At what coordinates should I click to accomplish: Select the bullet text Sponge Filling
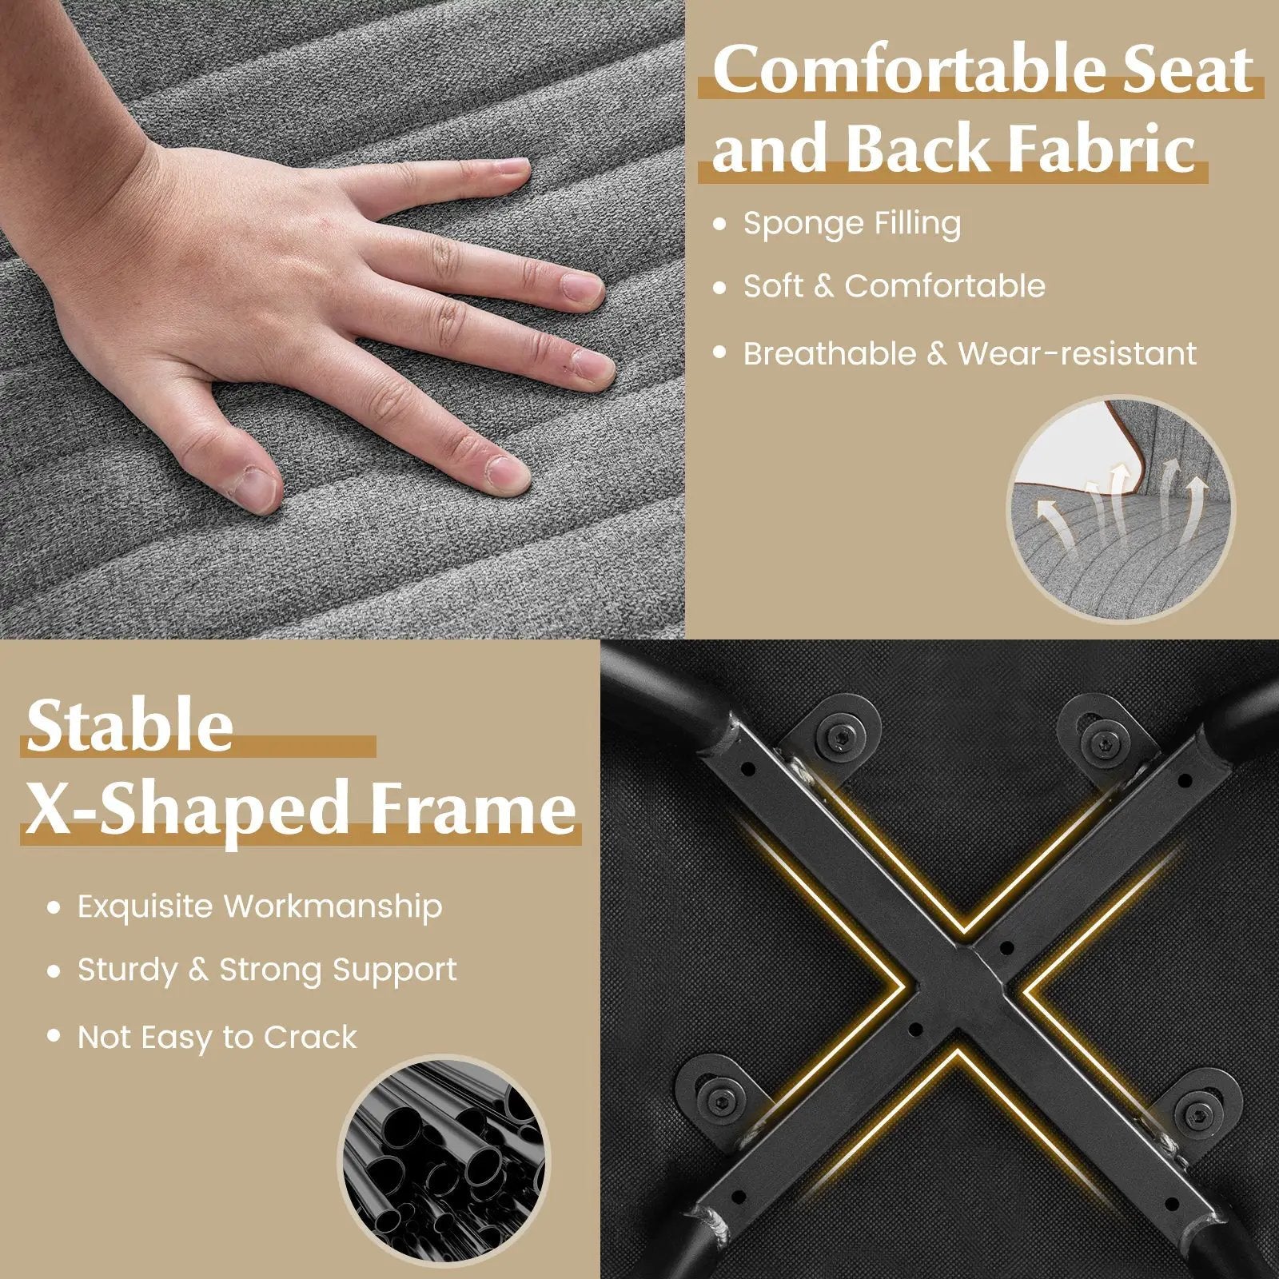[852, 223]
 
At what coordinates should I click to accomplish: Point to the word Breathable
[829, 353]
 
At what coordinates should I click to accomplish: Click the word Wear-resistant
[1078, 353]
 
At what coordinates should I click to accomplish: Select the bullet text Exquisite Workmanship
[260, 906]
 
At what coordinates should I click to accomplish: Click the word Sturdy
[127, 970]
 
